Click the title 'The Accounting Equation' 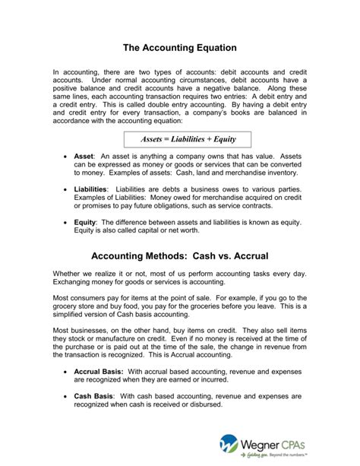coord(180,46)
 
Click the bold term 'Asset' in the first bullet coord(87,154)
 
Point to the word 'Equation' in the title coord(217,46)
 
